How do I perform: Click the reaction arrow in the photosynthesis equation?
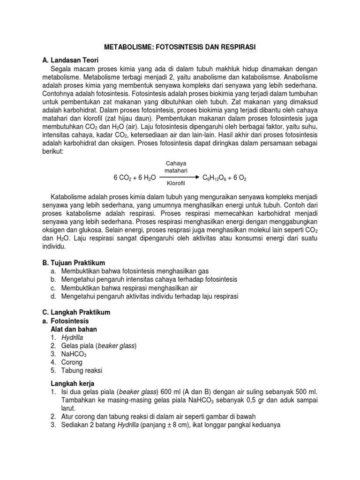180,179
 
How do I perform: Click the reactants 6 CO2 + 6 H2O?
135,179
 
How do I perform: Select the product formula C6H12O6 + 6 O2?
224,179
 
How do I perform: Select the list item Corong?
72,362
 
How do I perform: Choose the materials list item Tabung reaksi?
82,370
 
